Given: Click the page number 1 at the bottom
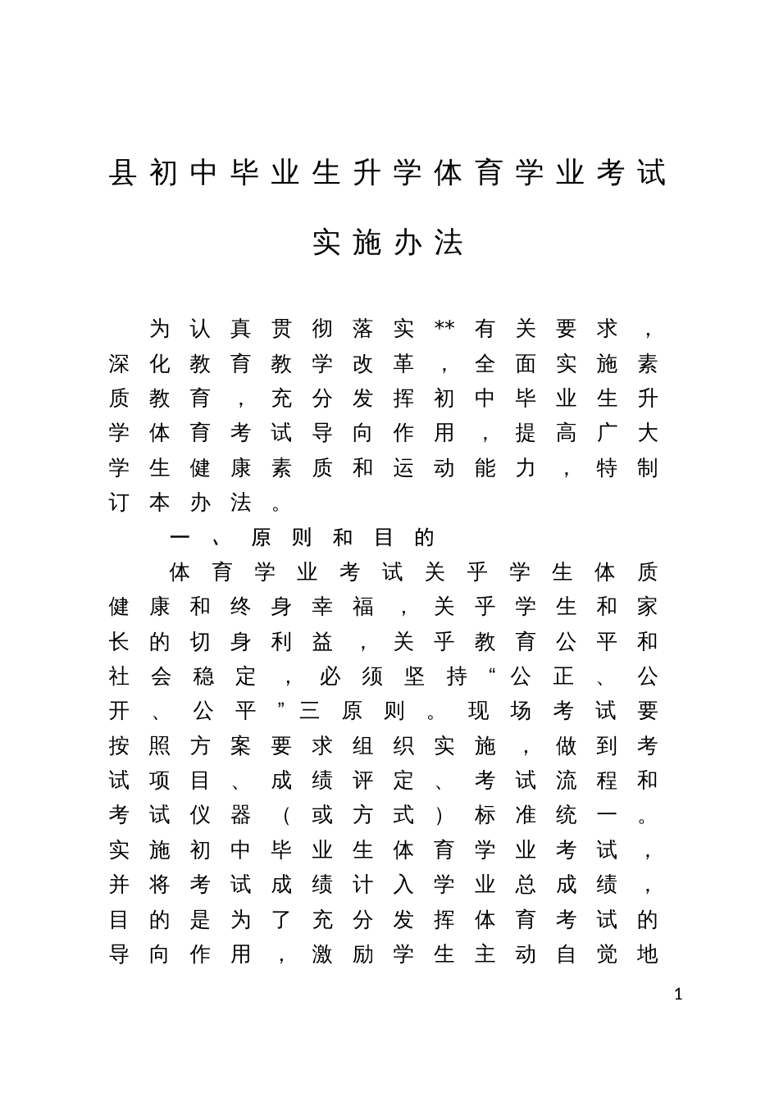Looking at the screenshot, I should pos(677,995).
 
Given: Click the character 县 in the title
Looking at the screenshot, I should pos(122,173).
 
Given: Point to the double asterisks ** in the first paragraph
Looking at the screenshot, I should pos(444,327).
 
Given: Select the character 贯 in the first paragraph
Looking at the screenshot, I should pos(281,329).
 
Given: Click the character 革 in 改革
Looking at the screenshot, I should pos(403,364).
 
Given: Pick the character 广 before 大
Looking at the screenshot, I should pos(607,433).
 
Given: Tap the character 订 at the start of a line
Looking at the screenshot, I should pos(119,503).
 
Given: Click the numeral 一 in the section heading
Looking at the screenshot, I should pos(180,538).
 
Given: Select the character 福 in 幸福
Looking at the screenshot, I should pos(362,607).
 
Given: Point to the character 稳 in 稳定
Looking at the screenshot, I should pos(203,676).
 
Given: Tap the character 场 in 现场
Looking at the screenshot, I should pos(521,711).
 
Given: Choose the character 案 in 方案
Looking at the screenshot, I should pos(241,746).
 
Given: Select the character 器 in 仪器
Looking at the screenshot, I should pos(241,816).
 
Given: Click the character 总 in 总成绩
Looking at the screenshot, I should pos(525,885).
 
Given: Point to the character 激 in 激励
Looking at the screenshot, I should pos(322,954).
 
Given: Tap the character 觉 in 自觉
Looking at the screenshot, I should pos(607,954).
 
